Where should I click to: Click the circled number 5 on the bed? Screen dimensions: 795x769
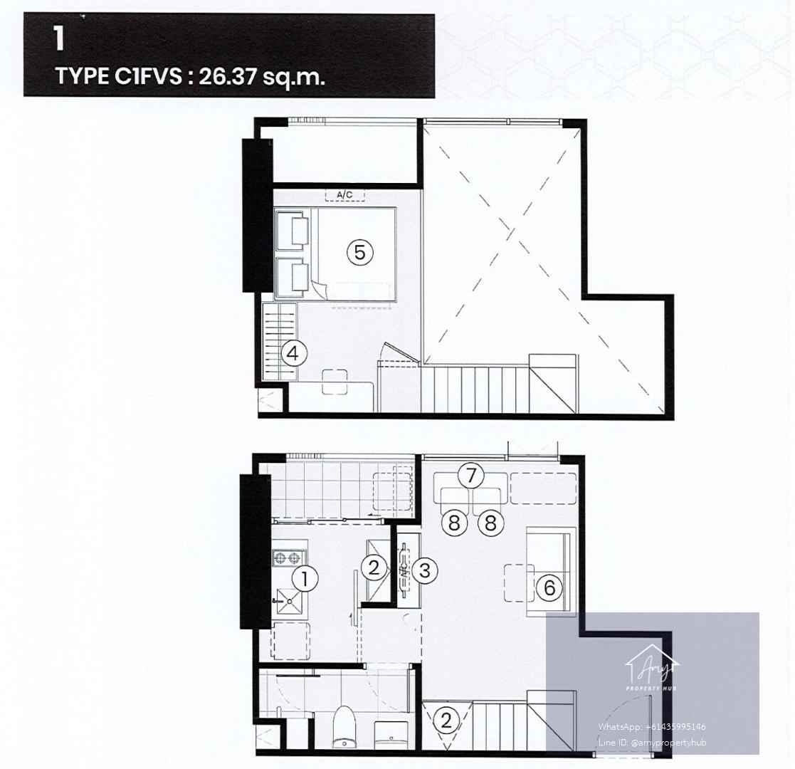click(359, 252)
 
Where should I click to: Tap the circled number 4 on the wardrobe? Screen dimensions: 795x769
click(293, 354)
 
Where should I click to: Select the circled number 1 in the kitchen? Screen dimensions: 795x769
click(305, 579)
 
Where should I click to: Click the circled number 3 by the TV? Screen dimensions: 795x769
click(424, 570)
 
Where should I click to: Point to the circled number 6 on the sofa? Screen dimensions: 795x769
click(549, 587)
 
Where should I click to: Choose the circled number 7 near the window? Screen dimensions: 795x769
click(471, 476)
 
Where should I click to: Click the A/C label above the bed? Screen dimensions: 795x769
click(344, 194)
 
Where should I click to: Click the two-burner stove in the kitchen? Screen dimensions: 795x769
click(288, 558)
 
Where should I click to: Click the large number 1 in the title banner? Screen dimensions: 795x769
click(60, 39)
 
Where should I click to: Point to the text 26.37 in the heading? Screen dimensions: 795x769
click(228, 77)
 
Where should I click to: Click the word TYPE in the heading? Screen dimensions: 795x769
click(82, 77)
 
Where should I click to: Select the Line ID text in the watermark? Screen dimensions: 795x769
click(651, 742)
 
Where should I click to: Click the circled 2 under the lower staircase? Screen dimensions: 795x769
click(446, 721)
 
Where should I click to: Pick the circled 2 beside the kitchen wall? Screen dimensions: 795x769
click(374, 567)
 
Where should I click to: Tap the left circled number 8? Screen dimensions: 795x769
click(454, 523)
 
